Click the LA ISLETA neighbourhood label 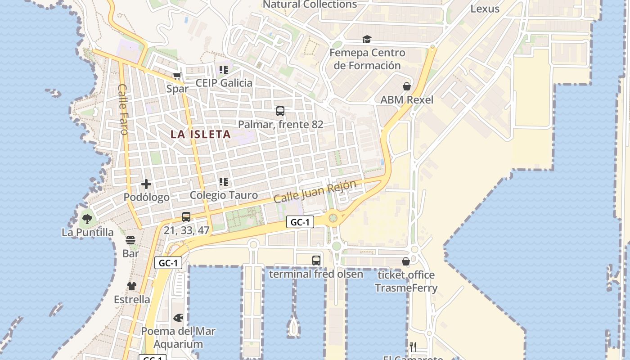tap(201, 134)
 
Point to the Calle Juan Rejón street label tap(315, 191)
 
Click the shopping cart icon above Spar tap(177, 76)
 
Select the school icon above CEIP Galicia tap(224, 70)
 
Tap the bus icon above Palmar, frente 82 tap(280, 111)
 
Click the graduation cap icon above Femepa tap(367, 40)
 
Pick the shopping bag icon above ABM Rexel tap(407, 86)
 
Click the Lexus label tap(485, 9)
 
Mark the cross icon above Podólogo tap(146, 184)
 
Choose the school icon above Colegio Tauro tap(224, 182)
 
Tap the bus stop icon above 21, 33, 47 tap(186, 217)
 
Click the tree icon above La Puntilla tap(87, 219)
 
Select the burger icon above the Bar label tap(130, 240)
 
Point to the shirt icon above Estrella tap(131, 286)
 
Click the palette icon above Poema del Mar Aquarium tap(178, 318)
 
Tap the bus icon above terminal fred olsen tap(316, 261)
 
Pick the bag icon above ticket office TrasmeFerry tap(405, 261)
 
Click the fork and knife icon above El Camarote tap(413, 347)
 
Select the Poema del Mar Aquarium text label tap(178, 338)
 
